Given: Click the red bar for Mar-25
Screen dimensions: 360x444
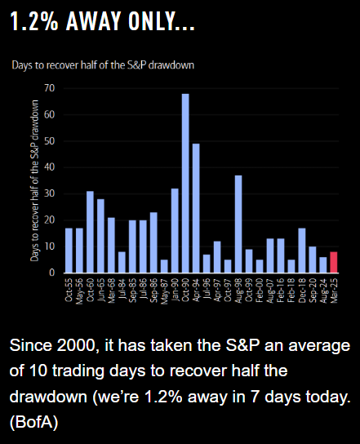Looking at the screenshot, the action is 334,262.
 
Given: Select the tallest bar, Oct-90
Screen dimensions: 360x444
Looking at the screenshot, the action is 185,184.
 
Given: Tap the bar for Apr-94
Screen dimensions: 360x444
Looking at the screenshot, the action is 196,208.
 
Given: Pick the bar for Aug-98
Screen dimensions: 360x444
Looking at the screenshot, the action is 238,224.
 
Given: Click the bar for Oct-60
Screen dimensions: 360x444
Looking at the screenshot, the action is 90,232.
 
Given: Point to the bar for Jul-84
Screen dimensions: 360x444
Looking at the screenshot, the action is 122,262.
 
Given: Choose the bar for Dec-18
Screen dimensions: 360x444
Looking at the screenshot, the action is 302,251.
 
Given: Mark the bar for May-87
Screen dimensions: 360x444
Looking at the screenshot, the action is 164,266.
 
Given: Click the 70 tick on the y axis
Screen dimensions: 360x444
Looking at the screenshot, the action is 49,88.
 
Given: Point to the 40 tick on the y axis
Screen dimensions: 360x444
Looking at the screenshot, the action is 49,167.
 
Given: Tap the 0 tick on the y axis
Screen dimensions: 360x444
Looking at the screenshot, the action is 51,273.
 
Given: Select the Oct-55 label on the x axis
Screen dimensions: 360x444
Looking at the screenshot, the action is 69,290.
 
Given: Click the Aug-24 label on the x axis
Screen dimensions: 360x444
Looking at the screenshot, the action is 323,291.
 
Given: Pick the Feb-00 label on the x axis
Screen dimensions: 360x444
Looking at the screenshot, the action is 260,291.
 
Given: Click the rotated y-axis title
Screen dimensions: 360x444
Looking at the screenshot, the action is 34,180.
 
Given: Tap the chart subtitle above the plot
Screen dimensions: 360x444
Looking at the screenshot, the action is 103,65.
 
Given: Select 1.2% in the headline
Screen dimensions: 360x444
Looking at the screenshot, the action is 34,21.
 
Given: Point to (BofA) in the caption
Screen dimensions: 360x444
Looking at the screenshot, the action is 34,422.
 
